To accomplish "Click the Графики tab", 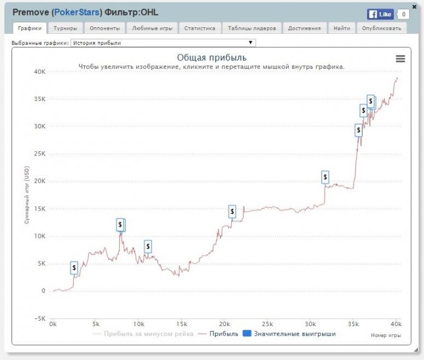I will click(x=30, y=28).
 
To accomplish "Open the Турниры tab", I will click(x=65, y=28).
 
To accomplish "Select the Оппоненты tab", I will click(x=104, y=28).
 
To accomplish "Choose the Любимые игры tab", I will click(x=152, y=28).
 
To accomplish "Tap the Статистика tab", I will click(x=200, y=28).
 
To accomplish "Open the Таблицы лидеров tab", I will click(x=252, y=28).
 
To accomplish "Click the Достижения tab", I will click(x=305, y=28).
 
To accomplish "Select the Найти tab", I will click(x=341, y=28).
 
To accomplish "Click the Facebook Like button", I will click(x=380, y=14).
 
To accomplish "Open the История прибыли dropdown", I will click(x=163, y=43).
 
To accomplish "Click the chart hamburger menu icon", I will click(x=400, y=58).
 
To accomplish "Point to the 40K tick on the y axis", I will click(x=39, y=71).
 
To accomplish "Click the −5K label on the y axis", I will click(x=39, y=318).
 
